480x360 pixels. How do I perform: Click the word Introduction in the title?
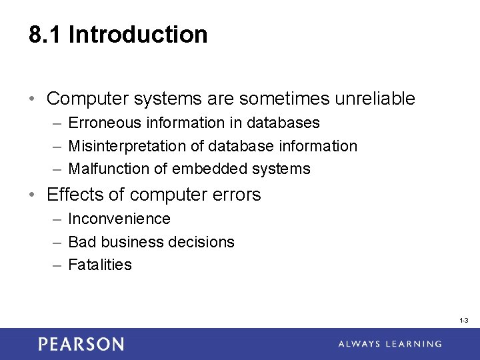coord(138,35)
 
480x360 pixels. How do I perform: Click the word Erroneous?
coord(105,123)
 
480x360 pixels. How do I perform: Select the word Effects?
coord(72,195)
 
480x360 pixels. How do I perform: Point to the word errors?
coord(234,195)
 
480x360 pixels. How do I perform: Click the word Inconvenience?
coord(119,219)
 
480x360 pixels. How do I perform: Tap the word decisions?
coord(203,242)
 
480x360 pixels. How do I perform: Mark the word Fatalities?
coord(100,265)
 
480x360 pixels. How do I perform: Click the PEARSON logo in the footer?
coord(81,344)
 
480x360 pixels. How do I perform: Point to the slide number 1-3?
coord(464,321)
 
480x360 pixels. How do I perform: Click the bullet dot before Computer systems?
coord(33,99)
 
